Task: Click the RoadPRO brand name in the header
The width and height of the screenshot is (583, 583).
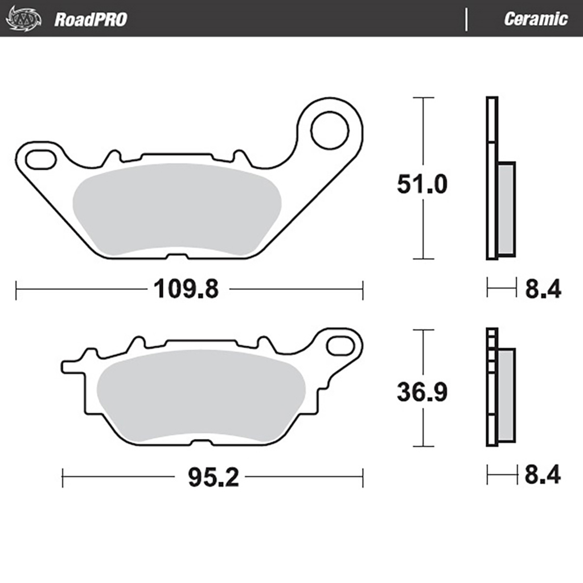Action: coord(91,19)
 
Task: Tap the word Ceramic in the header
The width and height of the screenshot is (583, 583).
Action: coord(535,19)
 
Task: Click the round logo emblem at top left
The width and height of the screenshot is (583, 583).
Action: coord(23,19)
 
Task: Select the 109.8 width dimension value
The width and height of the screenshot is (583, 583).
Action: coord(185,290)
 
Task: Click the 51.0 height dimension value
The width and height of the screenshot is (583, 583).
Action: coord(422,185)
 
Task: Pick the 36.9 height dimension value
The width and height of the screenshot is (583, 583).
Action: coord(422,393)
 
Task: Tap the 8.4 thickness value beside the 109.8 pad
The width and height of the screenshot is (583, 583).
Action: coord(542,289)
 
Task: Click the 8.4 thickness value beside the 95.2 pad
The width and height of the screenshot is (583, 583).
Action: coord(542,475)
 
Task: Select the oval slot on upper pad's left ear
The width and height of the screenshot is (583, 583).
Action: coord(40,159)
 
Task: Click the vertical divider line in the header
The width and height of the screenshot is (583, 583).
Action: coord(467,19)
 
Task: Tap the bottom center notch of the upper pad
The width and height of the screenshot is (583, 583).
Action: coord(178,256)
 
